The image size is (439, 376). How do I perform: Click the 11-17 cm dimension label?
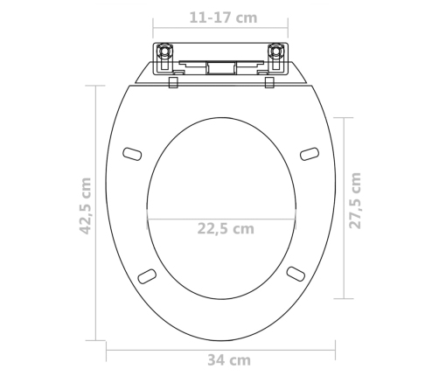[223, 17]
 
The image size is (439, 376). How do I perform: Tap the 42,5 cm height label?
[86, 205]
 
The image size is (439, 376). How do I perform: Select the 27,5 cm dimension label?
[355, 200]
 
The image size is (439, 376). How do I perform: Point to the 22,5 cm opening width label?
[226, 228]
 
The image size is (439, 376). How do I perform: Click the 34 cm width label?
[229, 360]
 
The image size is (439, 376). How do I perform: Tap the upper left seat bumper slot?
[132, 154]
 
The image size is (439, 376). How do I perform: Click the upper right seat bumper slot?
[310, 154]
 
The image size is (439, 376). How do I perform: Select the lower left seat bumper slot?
[147, 276]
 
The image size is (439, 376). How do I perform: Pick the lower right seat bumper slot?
[296, 274]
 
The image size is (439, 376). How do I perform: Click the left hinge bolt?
[164, 52]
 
